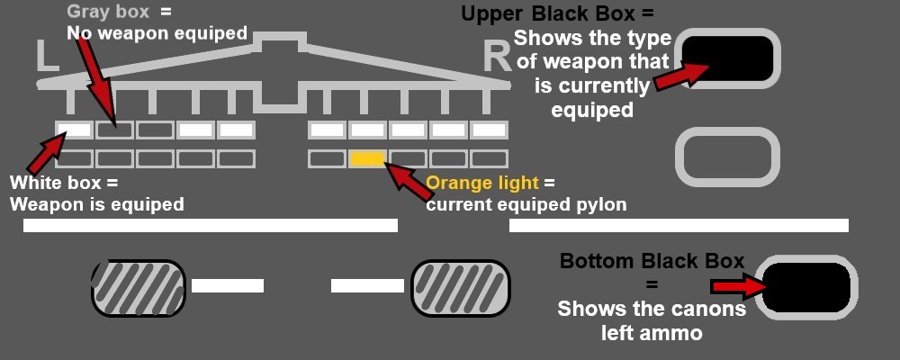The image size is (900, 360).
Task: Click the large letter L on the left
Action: [47, 56]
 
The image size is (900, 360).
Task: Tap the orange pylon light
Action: [367, 158]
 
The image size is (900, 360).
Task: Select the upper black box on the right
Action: [726, 58]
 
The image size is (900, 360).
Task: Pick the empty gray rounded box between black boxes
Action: [726, 157]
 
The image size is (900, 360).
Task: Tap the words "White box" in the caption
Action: [50, 184]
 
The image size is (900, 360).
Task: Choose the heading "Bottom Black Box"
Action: [652, 261]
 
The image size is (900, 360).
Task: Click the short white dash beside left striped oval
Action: [228, 286]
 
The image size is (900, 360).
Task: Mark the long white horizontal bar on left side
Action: [210, 225]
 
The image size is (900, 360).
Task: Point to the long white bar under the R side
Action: [679, 225]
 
